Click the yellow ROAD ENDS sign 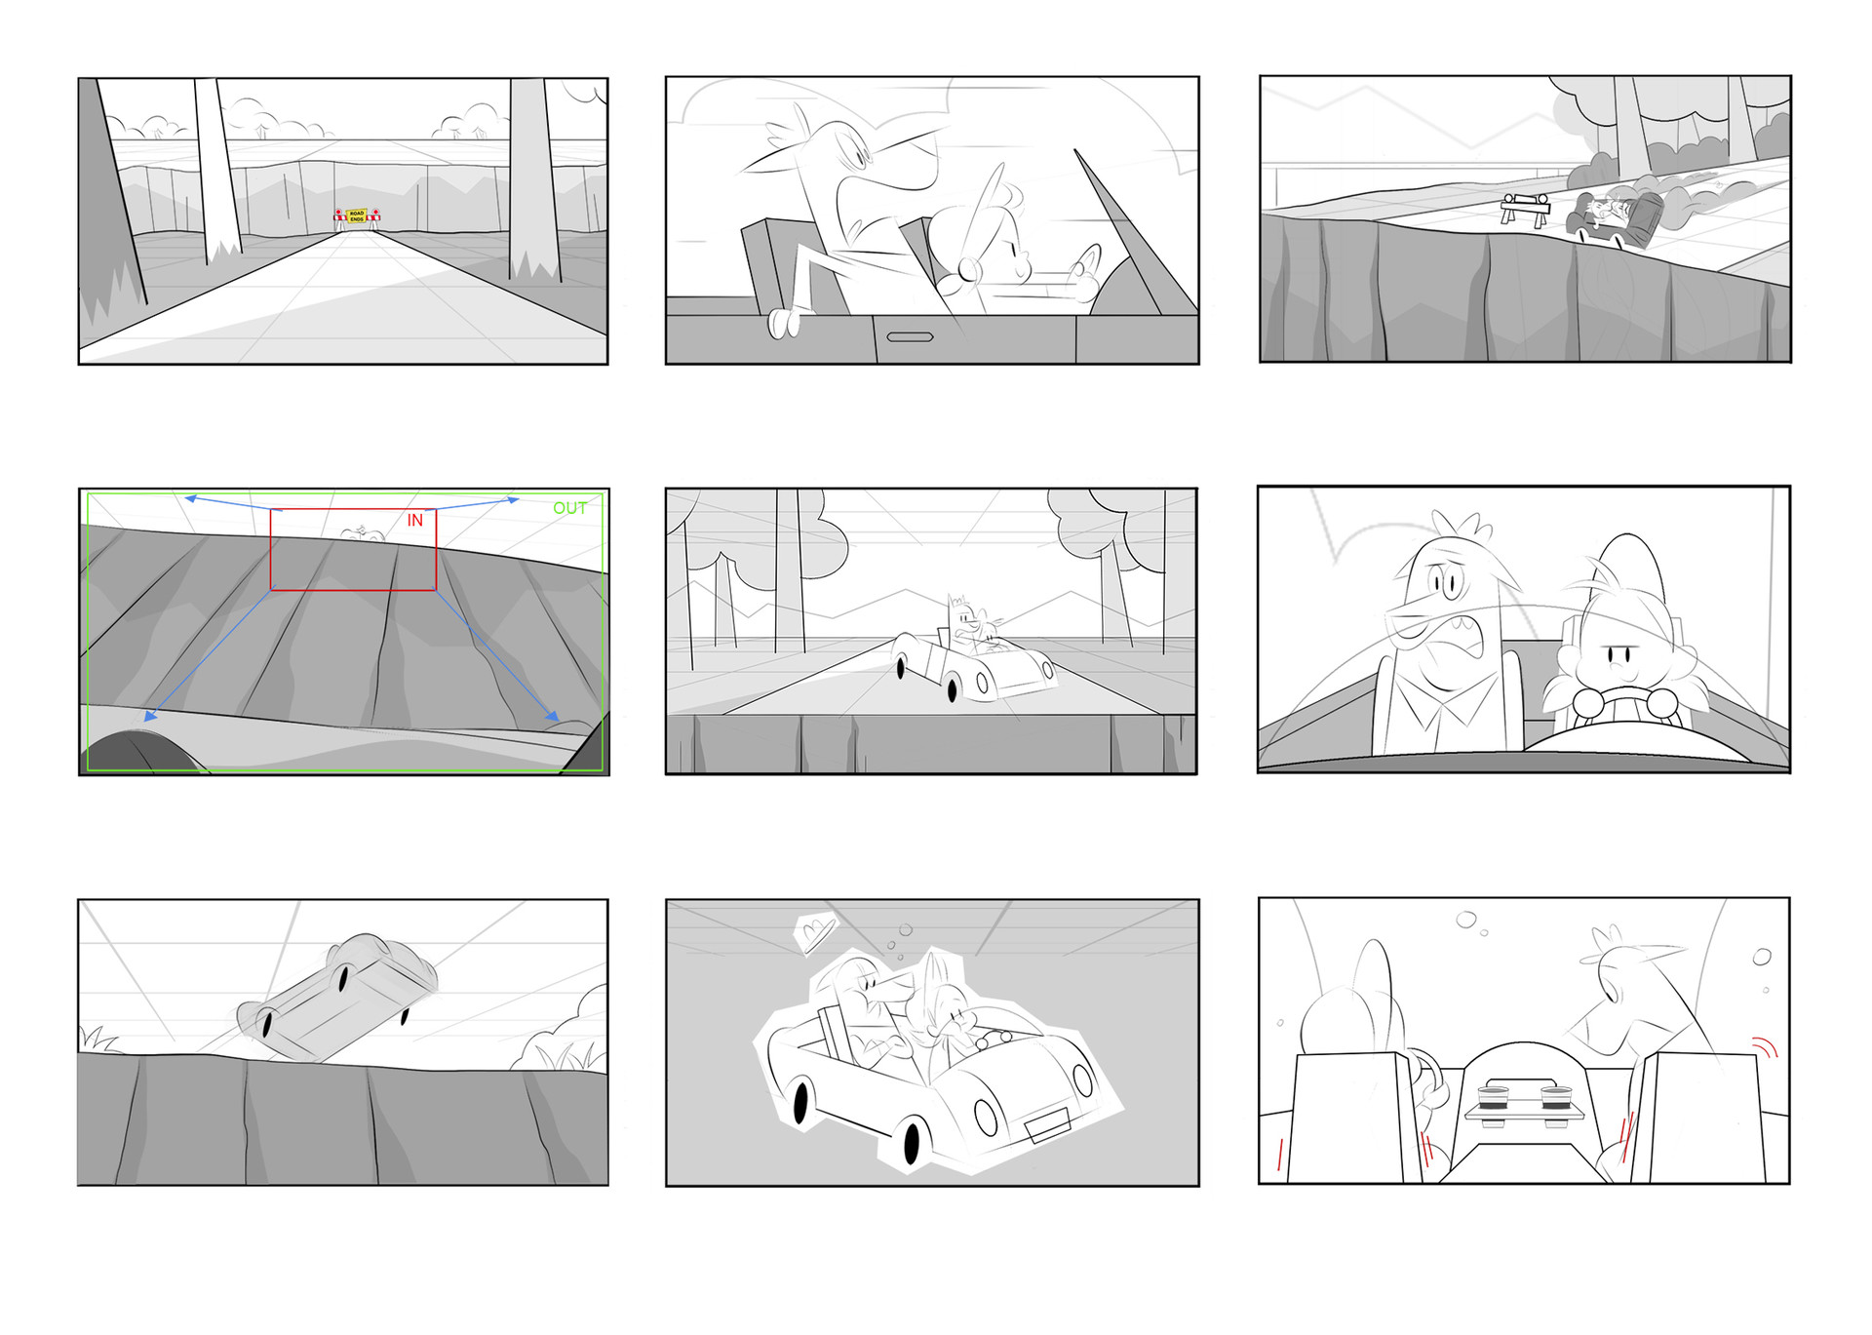(x=357, y=216)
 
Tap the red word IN (x=415, y=521)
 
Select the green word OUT (x=569, y=508)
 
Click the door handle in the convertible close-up (x=910, y=337)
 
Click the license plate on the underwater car (x=1048, y=1126)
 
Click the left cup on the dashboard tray (x=1493, y=1097)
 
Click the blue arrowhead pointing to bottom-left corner (x=150, y=717)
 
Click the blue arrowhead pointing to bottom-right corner (x=553, y=717)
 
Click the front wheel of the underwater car (x=913, y=1142)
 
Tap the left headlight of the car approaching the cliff (x=982, y=684)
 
